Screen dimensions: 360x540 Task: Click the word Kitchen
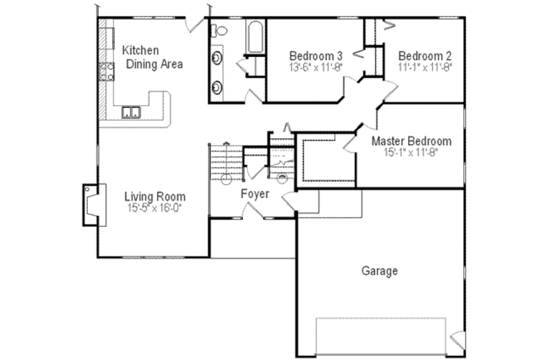click(x=140, y=51)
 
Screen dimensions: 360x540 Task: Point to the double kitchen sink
click(x=131, y=112)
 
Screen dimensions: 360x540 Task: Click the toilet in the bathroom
click(x=218, y=30)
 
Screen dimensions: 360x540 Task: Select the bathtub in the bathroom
click(x=254, y=38)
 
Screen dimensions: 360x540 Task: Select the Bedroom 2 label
click(x=425, y=56)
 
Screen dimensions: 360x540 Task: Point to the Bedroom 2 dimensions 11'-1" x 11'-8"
click(x=425, y=68)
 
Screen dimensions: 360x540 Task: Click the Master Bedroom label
click(x=412, y=141)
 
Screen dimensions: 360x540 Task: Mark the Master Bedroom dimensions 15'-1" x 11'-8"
click(x=412, y=153)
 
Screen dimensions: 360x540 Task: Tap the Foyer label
click(x=256, y=194)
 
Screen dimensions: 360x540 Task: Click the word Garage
click(x=379, y=272)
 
